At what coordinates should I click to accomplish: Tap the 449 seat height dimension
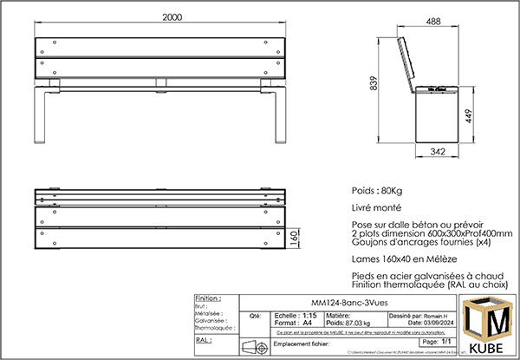[x=468, y=116]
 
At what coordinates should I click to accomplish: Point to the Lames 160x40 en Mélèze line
[x=405, y=259]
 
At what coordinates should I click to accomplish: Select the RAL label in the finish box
[x=203, y=341]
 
